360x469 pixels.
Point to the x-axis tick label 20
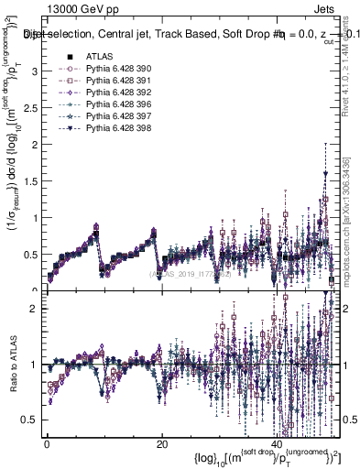[162, 444]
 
